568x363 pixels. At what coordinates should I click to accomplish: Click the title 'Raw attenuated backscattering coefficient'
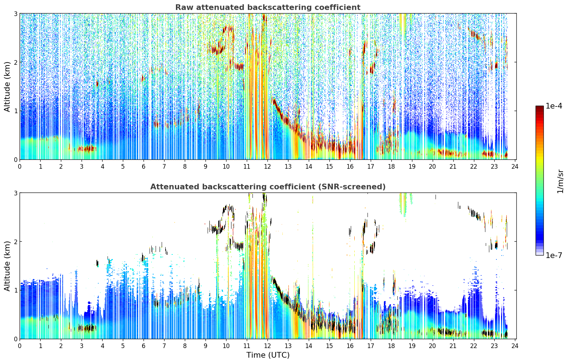[x=268, y=7]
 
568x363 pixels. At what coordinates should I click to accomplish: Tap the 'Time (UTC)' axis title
[x=268, y=355]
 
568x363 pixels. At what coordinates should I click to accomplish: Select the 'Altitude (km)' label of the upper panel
[x=7, y=87]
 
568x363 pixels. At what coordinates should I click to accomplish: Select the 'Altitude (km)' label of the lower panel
[x=7, y=266]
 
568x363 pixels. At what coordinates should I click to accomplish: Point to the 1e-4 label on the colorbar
[x=554, y=106]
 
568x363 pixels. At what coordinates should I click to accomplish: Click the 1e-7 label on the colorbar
[x=554, y=255]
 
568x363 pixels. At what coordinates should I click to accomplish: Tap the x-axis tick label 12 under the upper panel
[x=267, y=167]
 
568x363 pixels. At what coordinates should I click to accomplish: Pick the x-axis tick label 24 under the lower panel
[x=515, y=346]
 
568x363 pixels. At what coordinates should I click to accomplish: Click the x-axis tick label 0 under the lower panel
[x=20, y=346]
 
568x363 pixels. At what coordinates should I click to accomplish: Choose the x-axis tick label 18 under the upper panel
[x=391, y=167]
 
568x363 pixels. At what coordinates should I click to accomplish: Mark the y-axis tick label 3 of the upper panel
[x=15, y=14]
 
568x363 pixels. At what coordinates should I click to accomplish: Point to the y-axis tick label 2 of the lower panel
[x=15, y=242]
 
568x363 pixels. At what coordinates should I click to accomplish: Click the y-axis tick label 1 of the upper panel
[x=15, y=111]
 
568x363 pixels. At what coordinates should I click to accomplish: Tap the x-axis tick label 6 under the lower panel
[x=144, y=346]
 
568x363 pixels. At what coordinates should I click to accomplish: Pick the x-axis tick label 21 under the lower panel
[x=453, y=346]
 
